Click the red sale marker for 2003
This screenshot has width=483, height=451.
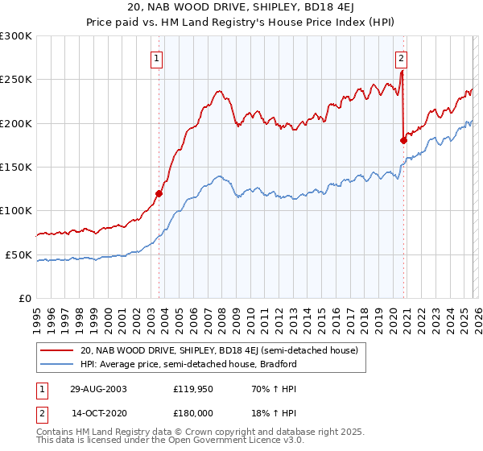[159, 193]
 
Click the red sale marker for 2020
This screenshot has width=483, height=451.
[403, 140]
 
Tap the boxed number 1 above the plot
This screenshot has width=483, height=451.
[156, 57]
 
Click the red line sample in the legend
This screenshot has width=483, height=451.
[56, 350]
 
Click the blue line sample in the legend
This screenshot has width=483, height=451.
[56, 364]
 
